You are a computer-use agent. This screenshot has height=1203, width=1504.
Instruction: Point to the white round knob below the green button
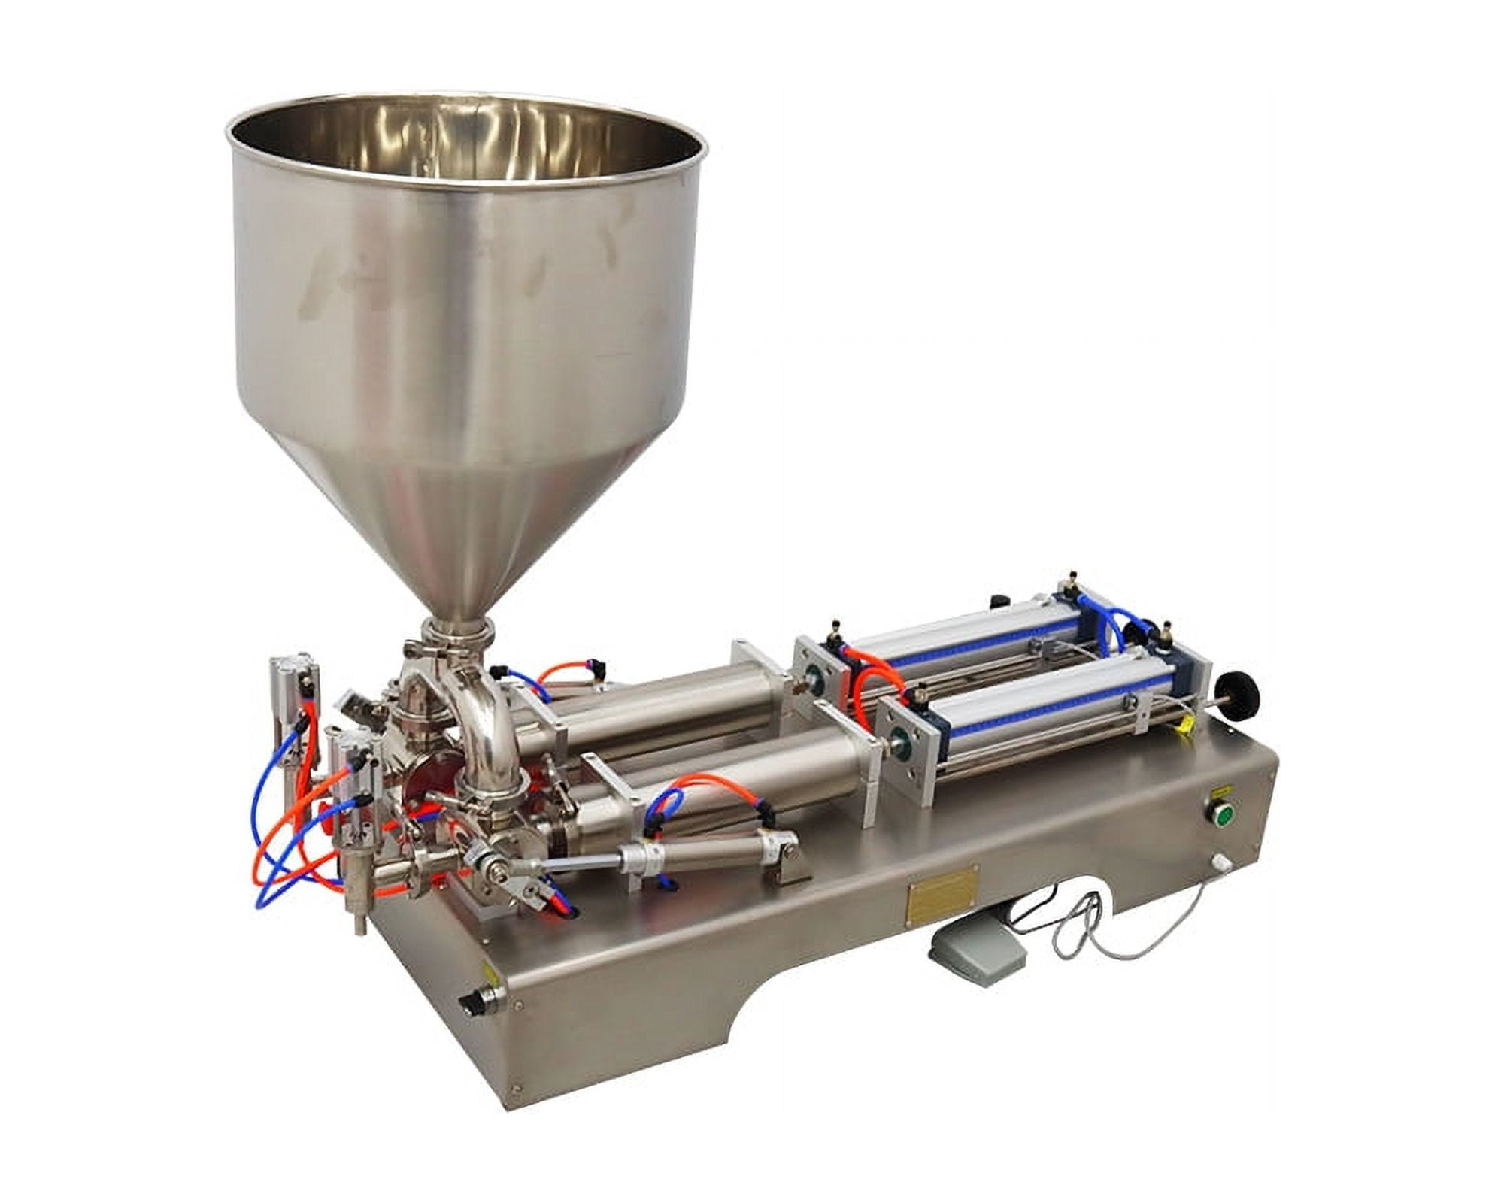click(x=1216, y=862)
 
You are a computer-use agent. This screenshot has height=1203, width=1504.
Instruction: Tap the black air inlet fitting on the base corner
click(x=475, y=1005)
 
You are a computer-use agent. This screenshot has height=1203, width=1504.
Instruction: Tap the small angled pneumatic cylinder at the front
click(x=699, y=857)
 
